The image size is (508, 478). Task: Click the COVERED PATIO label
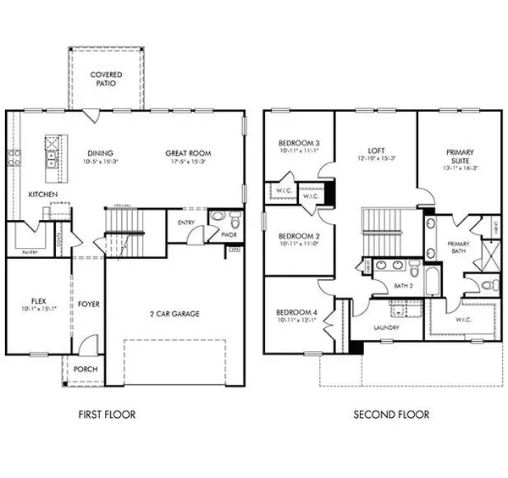point(105,80)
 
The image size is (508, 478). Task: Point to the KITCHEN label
point(43,194)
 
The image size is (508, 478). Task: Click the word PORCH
point(86,368)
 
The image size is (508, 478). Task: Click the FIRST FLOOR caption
point(106,415)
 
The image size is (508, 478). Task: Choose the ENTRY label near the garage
point(186,223)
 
